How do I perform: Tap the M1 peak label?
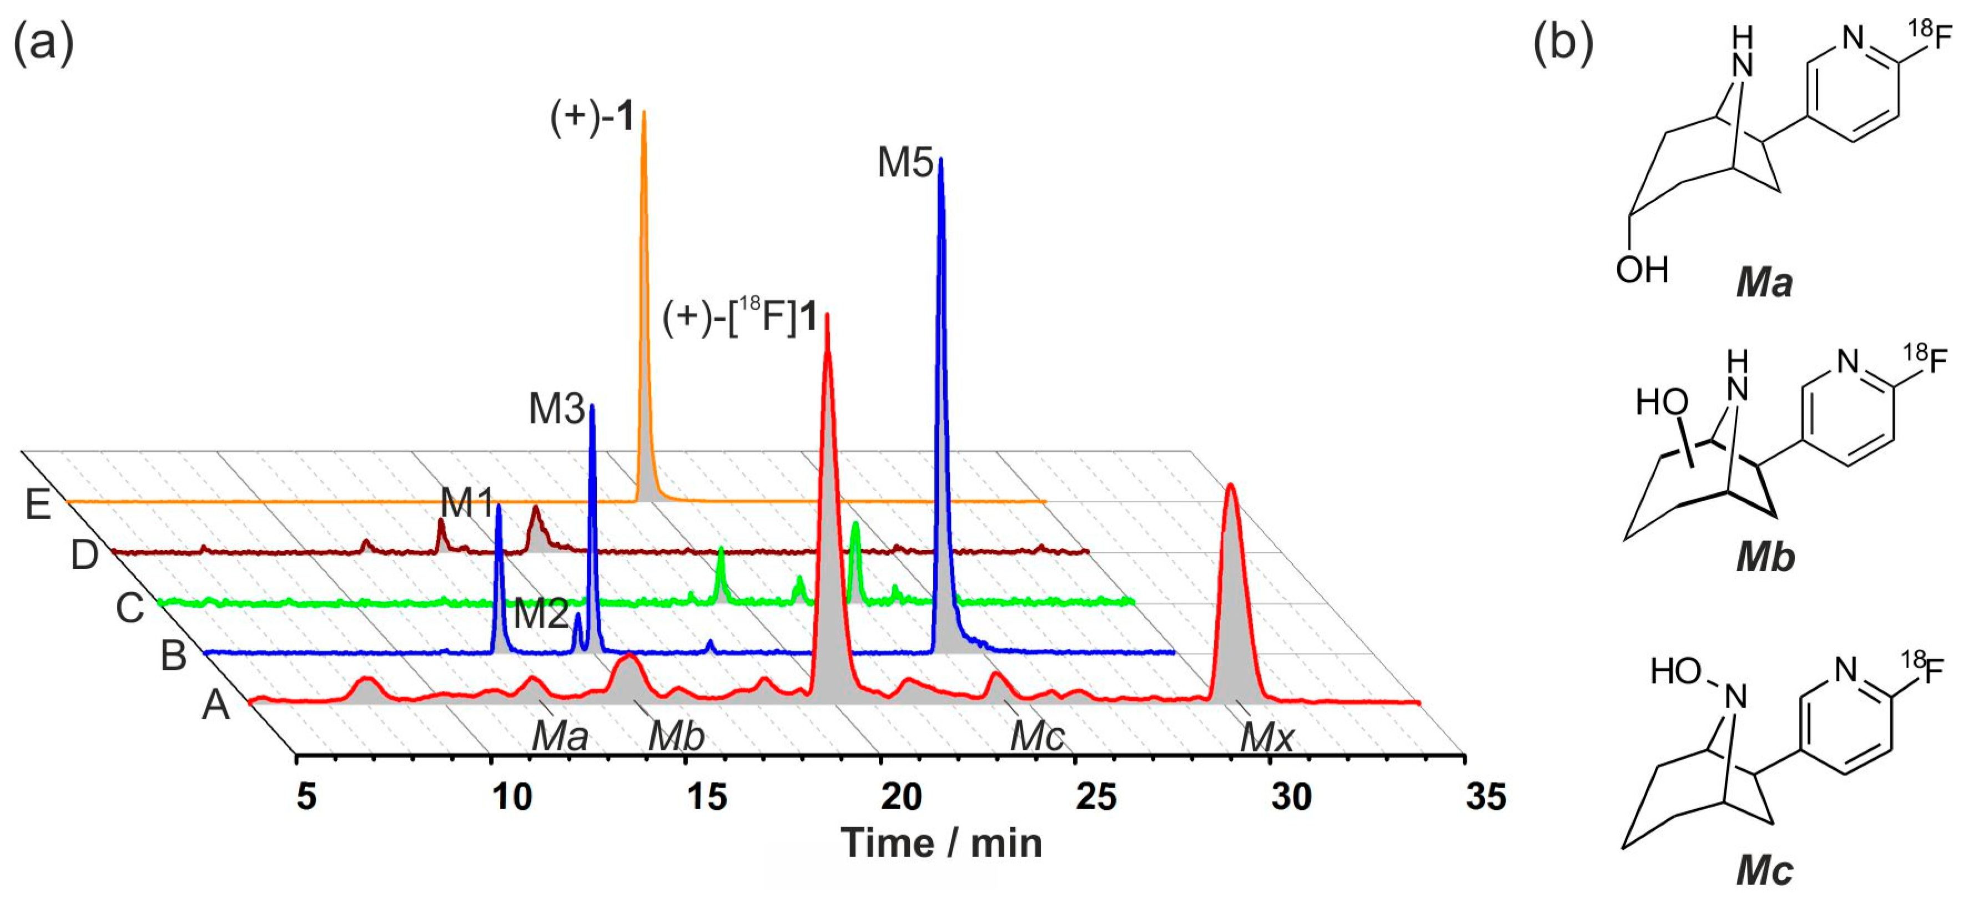click(x=466, y=503)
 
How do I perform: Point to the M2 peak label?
click(x=540, y=613)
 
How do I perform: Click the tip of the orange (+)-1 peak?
click(x=644, y=113)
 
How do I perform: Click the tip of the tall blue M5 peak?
click(x=940, y=160)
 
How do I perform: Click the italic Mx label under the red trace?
click(x=1266, y=738)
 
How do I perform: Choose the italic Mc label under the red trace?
click(x=1037, y=737)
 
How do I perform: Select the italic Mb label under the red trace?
click(x=677, y=737)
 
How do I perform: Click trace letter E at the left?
click(x=38, y=505)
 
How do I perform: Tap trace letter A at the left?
click(x=215, y=705)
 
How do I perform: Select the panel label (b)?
click(x=1563, y=43)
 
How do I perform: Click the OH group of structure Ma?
click(x=1642, y=270)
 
